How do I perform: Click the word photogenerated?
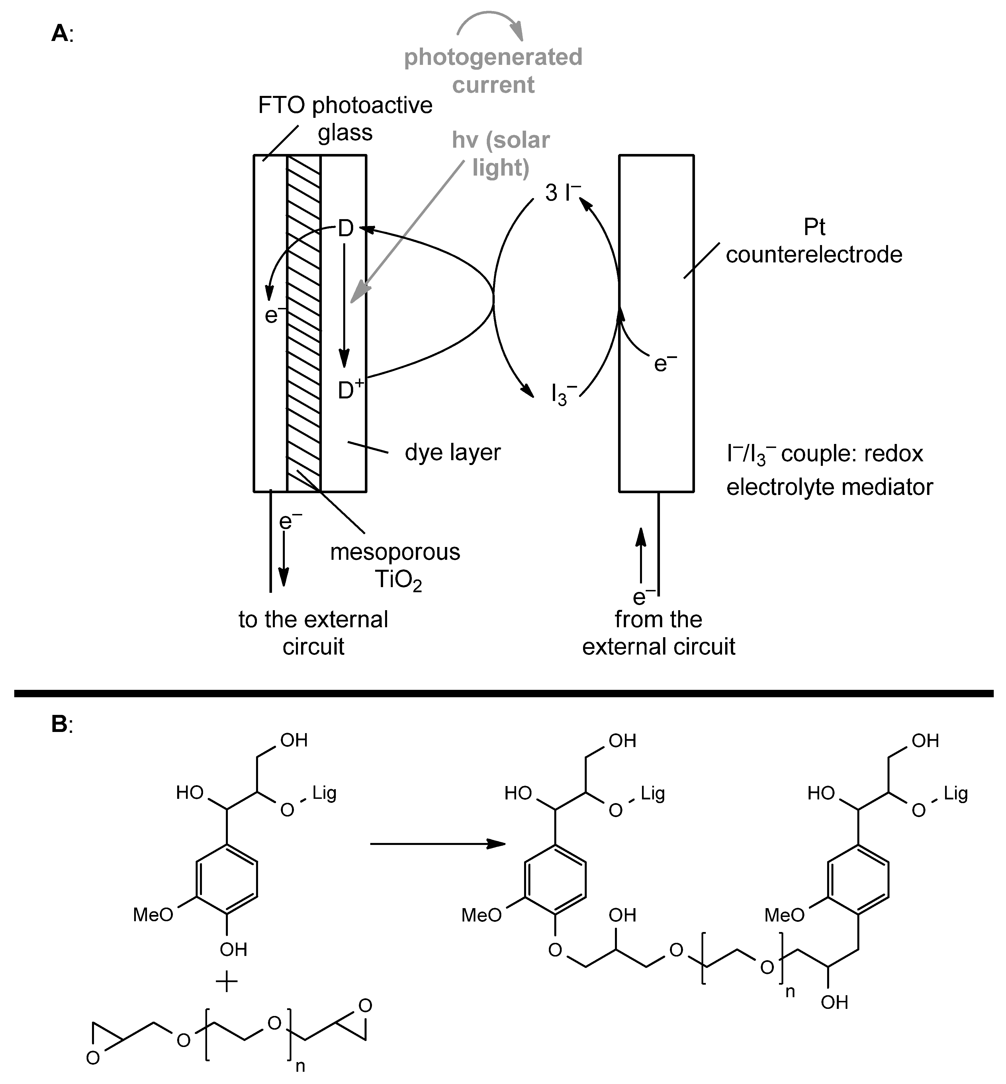493,57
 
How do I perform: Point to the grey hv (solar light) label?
501,153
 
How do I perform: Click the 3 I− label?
562,193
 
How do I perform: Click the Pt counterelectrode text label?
814,241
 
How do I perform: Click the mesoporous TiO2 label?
396,566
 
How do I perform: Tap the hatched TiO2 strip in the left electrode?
304,326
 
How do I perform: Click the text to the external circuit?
314,633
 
